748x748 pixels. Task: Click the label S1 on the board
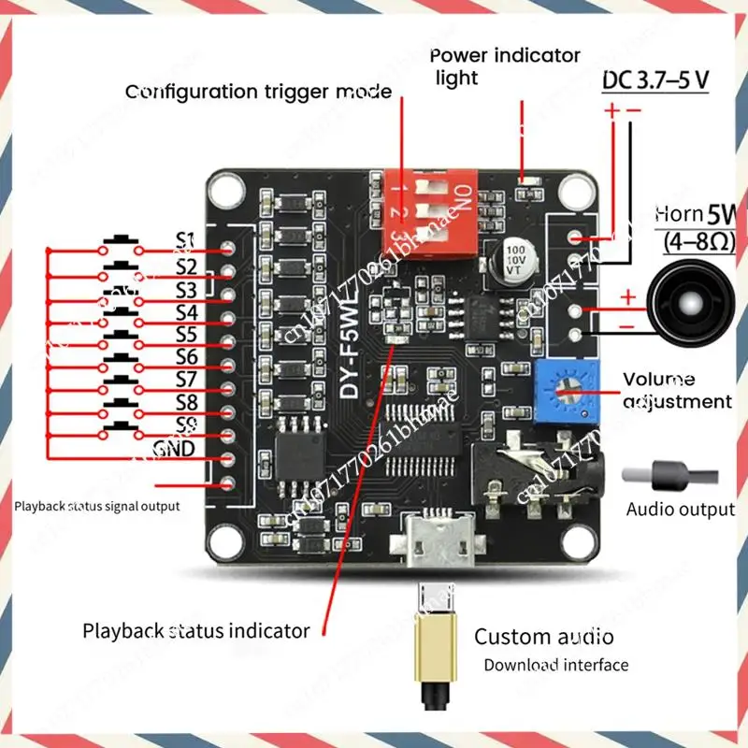point(185,242)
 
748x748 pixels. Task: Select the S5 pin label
point(185,334)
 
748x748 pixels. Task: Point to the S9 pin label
point(185,425)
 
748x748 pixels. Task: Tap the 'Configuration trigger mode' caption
point(259,92)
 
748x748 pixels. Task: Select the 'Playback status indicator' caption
point(196,630)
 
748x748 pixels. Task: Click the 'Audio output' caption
point(681,510)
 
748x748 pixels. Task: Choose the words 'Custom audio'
point(544,638)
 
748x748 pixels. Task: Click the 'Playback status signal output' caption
point(97,506)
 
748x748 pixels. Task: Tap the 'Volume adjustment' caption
point(678,390)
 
